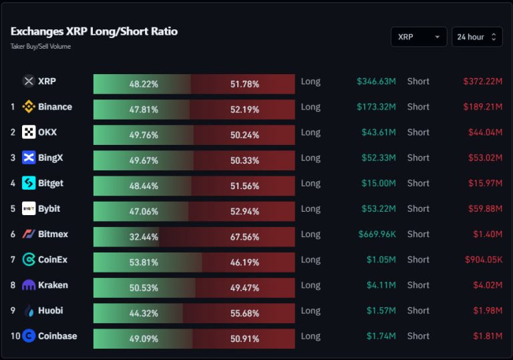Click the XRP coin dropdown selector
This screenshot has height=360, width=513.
(x=419, y=37)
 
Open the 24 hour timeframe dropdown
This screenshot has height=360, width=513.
(x=477, y=37)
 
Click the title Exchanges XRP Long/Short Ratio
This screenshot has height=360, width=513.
(x=94, y=31)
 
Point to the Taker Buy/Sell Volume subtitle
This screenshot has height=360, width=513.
(x=41, y=47)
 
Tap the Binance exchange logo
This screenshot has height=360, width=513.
(x=29, y=107)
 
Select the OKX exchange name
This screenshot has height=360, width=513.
(x=47, y=132)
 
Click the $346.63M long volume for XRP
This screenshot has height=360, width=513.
(x=376, y=81)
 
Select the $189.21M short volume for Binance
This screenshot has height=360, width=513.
(x=482, y=107)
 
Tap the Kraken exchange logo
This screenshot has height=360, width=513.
(x=29, y=285)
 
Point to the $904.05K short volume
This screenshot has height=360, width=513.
(x=484, y=260)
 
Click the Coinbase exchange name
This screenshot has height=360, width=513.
(x=57, y=336)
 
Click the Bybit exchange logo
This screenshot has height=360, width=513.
(x=29, y=208)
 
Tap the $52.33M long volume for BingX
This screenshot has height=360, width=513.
(x=378, y=158)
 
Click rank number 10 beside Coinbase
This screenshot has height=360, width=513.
(x=15, y=336)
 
